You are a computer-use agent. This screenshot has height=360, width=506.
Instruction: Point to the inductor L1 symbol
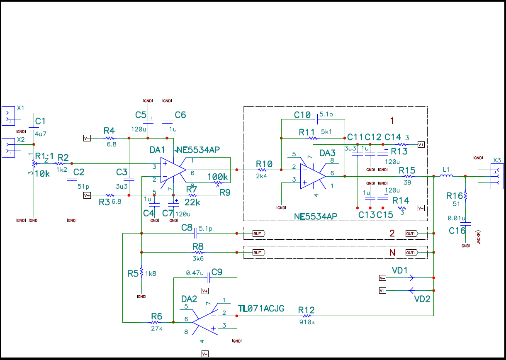tap(446, 176)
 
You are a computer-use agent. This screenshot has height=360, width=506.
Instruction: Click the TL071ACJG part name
tap(261, 308)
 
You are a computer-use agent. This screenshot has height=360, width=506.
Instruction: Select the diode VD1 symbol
tap(411, 277)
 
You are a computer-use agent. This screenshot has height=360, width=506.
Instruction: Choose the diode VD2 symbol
tap(411, 290)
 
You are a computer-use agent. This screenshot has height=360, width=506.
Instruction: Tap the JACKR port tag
tap(478, 238)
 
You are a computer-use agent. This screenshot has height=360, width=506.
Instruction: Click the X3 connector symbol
tap(496, 176)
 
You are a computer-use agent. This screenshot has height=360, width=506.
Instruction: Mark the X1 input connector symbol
tap(8, 116)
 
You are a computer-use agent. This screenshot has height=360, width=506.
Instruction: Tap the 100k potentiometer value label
tap(218, 177)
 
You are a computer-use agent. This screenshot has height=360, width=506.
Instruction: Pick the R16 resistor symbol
tap(465, 195)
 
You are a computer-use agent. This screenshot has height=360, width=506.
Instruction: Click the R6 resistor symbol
tap(155, 321)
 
